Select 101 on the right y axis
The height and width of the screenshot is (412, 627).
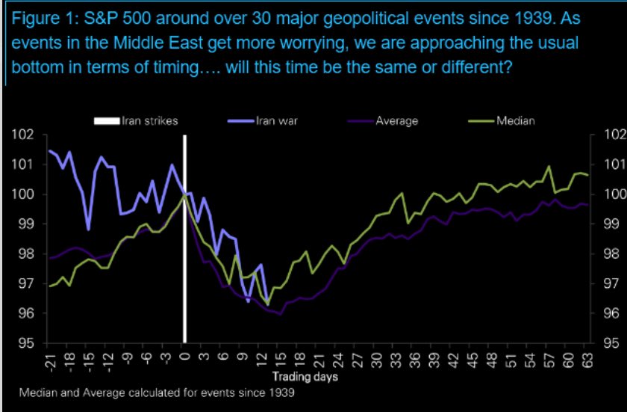[608, 165]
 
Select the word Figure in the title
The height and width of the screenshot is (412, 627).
[33, 17]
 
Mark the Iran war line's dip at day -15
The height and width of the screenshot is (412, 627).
[89, 229]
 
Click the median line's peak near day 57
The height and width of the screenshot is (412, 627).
[549, 167]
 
